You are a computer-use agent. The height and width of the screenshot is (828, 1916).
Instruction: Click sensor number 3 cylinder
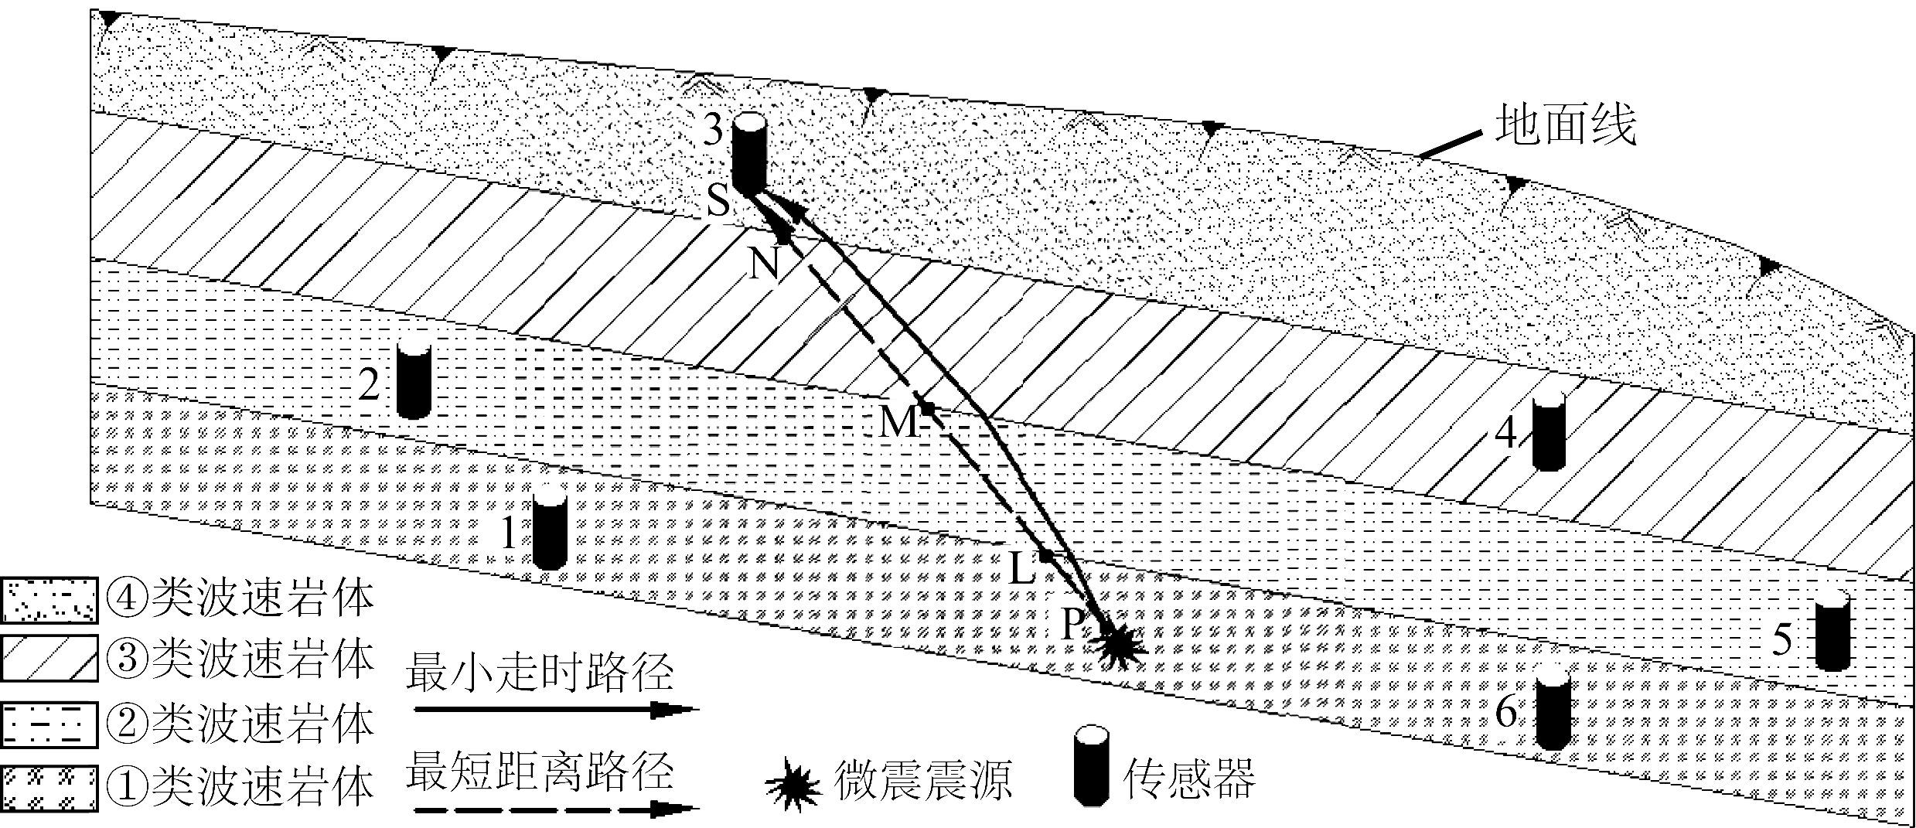(x=748, y=153)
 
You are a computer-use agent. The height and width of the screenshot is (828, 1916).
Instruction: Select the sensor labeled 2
(x=413, y=381)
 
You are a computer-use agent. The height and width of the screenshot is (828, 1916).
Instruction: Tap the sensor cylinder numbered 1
(x=550, y=532)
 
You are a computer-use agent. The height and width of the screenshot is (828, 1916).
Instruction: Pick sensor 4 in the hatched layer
(x=1549, y=434)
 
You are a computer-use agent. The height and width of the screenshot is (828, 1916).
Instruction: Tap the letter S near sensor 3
(x=718, y=203)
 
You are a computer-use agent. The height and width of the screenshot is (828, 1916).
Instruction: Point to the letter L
(x=1021, y=571)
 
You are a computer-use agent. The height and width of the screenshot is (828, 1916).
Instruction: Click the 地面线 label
(x=1565, y=126)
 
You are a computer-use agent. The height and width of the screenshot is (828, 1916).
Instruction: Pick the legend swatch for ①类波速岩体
(x=49, y=789)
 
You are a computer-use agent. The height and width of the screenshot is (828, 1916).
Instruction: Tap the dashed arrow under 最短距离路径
(x=555, y=810)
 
